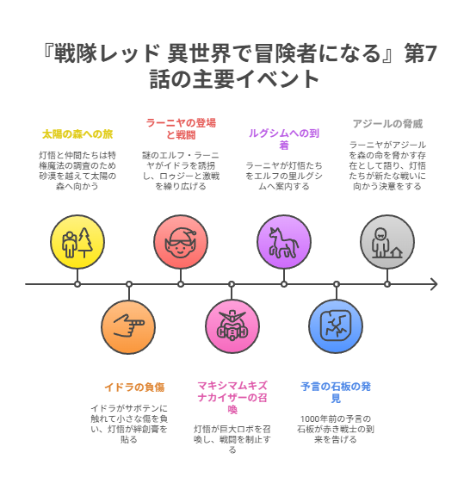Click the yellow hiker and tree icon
click(77, 242)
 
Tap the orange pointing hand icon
click(129, 325)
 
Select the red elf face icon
click(181, 242)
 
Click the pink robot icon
click(232, 325)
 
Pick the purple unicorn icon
click(284, 242)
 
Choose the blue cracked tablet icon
click(336, 325)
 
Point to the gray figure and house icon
click(387, 243)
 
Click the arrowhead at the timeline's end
click(434, 284)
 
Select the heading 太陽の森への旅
click(77, 134)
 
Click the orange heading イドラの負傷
click(134, 387)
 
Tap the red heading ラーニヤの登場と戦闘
click(181, 129)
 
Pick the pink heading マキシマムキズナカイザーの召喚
click(232, 398)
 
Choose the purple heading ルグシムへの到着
click(284, 139)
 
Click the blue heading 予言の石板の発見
click(336, 393)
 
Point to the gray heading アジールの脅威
click(387, 124)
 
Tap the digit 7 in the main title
click(430, 53)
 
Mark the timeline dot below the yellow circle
click(77, 284)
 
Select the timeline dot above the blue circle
click(337, 284)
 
